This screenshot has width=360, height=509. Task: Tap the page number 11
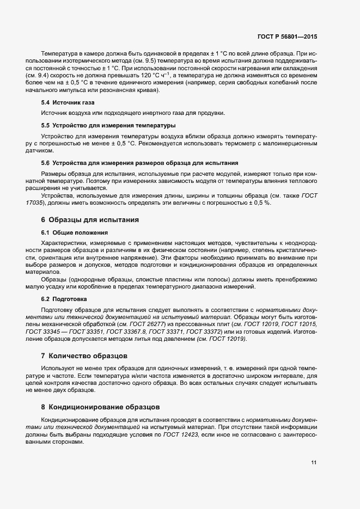(314, 463)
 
